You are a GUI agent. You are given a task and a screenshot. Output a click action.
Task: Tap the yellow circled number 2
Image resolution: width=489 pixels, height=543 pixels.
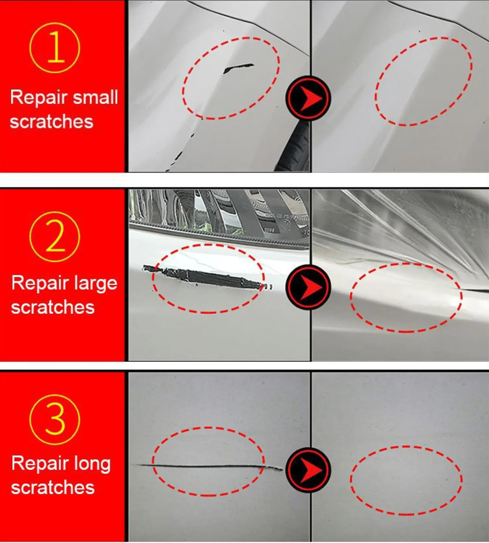(x=55, y=236)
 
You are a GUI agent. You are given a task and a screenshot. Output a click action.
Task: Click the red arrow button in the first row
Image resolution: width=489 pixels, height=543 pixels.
(x=309, y=98)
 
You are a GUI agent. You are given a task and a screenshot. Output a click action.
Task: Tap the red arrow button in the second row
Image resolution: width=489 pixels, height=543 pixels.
(x=309, y=287)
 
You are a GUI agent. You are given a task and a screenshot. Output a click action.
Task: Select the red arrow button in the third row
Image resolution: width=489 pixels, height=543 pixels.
(x=309, y=470)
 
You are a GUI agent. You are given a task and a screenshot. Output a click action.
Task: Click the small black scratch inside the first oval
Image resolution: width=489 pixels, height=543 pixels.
(x=238, y=68)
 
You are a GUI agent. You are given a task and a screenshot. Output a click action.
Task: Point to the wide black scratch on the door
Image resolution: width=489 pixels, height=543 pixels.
(x=206, y=277)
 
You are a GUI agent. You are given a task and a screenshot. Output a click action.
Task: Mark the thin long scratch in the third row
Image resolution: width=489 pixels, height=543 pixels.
(x=209, y=466)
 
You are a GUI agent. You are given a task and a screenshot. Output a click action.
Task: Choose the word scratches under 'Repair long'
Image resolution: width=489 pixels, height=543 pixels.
(x=53, y=487)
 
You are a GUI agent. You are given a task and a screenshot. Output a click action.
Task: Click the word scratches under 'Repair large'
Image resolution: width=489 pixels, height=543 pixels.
(x=53, y=307)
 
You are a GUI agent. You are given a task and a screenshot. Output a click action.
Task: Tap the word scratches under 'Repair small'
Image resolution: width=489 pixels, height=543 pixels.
(x=52, y=121)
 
